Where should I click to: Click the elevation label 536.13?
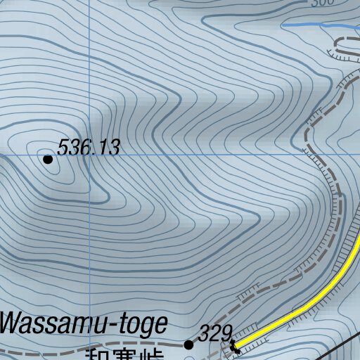coord(89,148)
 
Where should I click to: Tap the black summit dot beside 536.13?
coord(48,160)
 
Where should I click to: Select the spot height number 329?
coord(215,333)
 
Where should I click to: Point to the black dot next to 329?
coord(188,345)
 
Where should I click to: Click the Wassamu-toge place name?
coord(84,325)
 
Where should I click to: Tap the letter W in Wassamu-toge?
coord(13,325)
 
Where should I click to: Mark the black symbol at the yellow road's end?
coord(233,346)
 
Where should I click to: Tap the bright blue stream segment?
coord(309,25)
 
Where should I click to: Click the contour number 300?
coord(322,4)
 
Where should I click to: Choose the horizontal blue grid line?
coord(211,153)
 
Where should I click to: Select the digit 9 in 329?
coord(226,333)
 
